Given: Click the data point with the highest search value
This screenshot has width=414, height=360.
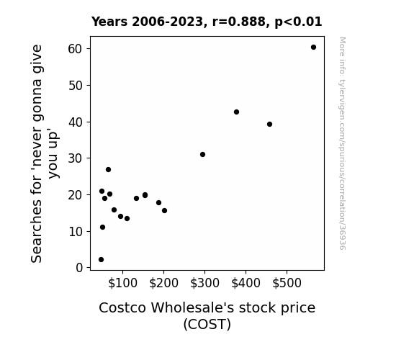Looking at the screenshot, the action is [x=313, y=48].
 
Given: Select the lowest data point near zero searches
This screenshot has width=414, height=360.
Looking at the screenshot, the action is [x=101, y=260].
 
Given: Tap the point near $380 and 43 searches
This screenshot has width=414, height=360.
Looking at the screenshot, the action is [x=236, y=112].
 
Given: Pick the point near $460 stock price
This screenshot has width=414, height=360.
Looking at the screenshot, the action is [x=269, y=124].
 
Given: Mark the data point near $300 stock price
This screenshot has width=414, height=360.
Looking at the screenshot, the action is [x=202, y=155].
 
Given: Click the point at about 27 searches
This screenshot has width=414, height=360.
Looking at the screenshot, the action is [x=108, y=170].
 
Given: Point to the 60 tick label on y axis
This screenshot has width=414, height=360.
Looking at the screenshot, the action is [x=76, y=49].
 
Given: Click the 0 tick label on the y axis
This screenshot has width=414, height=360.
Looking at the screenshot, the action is [x=79, y=268].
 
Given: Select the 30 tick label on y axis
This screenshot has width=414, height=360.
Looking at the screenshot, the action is [x=76, y=158].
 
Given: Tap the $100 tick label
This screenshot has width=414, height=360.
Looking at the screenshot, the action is [x=122, y=283].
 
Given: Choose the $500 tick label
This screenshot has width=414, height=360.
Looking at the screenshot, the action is [x=287, y=283].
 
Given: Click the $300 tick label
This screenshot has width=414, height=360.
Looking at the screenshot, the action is [x=204, y=283].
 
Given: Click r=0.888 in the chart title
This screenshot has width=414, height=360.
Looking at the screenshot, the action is [x=239, y=22].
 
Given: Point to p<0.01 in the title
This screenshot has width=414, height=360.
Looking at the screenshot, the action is [x=298, y=22].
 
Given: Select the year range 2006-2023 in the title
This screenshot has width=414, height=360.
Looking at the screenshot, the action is [x=167, y=22].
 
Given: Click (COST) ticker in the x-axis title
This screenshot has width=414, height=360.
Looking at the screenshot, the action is [x=207, y=324].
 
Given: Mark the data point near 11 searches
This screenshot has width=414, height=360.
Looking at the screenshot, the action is [x=102, y=227].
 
